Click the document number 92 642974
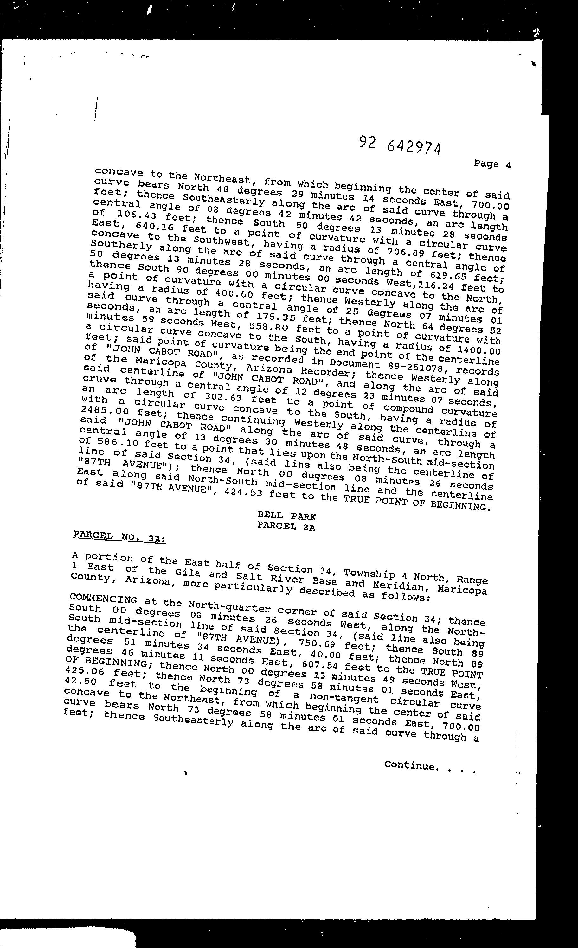click(400, 145)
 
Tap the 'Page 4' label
click(492, 164)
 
